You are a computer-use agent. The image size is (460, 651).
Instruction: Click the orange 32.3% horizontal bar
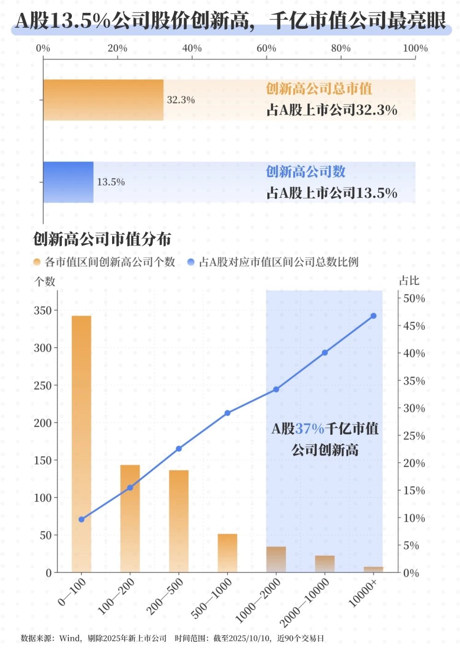click(x=103, y=100)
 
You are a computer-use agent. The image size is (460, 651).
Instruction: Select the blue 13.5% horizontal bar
click(x=68, y=182)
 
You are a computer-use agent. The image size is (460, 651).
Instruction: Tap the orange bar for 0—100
click(x=81, y=443)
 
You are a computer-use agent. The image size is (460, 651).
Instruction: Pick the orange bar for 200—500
click(x=179, y=521)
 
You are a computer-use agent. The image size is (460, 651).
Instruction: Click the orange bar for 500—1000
click(x=228, y=553)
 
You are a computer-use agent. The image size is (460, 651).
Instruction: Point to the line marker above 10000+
click(x=373, y=316)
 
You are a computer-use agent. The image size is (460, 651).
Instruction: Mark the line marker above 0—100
click(x=81, y=519)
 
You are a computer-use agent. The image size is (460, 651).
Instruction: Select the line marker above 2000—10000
click(x=325, y=352)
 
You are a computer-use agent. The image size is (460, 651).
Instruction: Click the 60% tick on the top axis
click(x=266, y=48)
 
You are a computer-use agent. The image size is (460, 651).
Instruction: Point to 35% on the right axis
click(x=414, y=381)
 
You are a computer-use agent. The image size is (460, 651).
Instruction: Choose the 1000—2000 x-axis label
click(x=258, y=601)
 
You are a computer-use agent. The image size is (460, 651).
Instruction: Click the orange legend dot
click(x=37, y=262)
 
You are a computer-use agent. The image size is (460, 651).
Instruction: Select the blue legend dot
click(x=191, y=262)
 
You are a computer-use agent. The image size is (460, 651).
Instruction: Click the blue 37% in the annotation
click(x=310, y=429)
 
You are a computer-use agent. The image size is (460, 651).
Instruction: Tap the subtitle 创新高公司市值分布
click(x=102, y=239)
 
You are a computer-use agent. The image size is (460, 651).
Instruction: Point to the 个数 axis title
click(x=45, y=281)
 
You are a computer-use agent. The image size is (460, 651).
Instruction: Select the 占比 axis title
click(x=409, y=281)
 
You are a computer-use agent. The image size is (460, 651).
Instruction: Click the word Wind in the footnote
click(x=70, y=639)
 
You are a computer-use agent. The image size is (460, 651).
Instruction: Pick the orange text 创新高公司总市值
click(x=319, y=89)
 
